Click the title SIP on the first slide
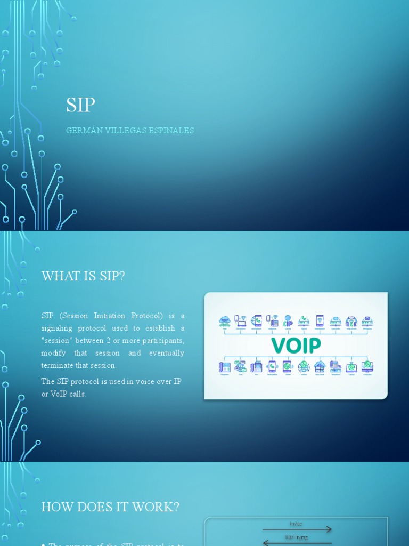[x=80, y=105]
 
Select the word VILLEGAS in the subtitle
[x=124, y=131]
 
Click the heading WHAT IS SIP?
[x=83, y=276]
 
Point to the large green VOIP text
[x=296, y=345]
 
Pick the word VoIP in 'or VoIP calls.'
[x=61, y=394]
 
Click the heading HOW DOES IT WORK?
[x=110, y=507]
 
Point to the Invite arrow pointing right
[x=297, y=529]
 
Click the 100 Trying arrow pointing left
[x=297, y=540]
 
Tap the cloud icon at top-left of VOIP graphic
[x=225, y=321]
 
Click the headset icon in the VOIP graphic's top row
[x=351, y=321]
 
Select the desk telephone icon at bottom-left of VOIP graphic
[x=225, y=367]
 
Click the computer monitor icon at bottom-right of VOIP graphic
[x=367, y=366]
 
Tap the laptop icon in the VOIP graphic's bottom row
[x=351, y=367]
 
